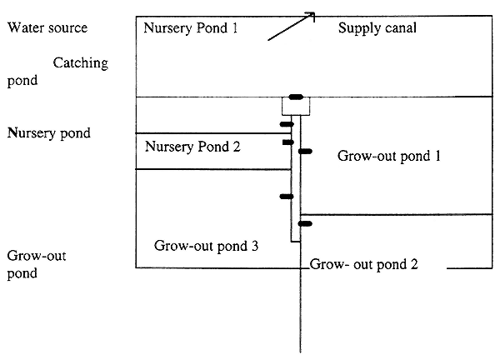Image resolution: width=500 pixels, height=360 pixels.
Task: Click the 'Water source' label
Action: coord(47,28)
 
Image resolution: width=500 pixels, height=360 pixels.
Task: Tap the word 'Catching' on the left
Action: coord(80,63)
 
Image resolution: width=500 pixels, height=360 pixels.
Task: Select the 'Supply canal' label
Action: coord(377,28)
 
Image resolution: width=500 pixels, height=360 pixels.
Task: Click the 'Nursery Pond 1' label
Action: coord(191,27)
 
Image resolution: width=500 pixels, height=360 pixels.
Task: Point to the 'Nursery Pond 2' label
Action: coord(192,147)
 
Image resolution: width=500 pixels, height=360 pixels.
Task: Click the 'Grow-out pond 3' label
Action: coord(207,246)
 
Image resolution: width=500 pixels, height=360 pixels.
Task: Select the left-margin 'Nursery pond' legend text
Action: coord(49,132)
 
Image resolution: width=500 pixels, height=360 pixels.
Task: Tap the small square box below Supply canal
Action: coord(296,107)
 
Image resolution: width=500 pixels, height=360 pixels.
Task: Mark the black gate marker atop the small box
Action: coord(296,97)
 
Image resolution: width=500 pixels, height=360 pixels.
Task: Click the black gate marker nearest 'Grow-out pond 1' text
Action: coord(305,151)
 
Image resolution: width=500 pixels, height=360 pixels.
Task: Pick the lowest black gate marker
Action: coord(305,223)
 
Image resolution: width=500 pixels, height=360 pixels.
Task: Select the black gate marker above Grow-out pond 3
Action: coord(286,197)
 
